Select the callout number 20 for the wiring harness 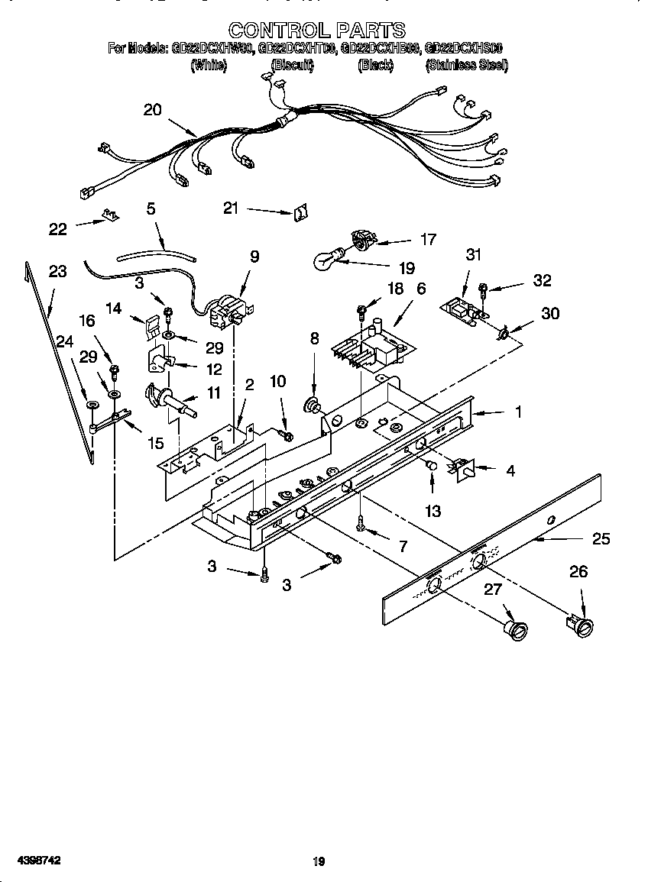(153, 109)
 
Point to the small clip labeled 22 (112, 217)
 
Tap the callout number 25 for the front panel (601, 538)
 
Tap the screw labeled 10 (287, 435)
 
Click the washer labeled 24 (92, 405)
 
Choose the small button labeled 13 (431, 465)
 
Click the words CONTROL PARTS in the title (317, 30)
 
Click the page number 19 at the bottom (319, 861)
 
